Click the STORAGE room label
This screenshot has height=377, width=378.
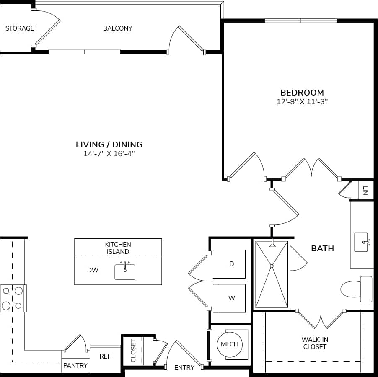coord(20,28)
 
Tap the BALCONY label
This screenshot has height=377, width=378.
coord(117,28)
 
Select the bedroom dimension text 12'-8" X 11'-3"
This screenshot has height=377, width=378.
coord(302,102)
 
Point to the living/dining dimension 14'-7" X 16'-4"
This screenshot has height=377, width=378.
coord(109,154)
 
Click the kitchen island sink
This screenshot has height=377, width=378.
coord(125,271)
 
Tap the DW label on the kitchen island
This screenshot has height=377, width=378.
coord(93,270)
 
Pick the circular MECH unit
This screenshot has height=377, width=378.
coord(229,344)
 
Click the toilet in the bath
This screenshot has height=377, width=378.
coord(354,289)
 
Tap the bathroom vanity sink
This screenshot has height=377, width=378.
coord(361,243)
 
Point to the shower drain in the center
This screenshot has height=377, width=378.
coord(272,266)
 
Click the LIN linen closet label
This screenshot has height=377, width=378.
coord(365,191)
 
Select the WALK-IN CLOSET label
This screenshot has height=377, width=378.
coord(314,343)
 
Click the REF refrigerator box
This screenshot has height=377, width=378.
coord(105,356)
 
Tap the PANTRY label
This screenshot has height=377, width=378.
coord(75,366)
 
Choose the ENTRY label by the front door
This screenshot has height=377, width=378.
coord(184,368)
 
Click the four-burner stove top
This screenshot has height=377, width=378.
coord(13,298)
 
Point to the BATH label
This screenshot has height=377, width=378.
coord(322,248)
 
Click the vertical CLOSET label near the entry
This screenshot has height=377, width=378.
coord(133,351)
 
